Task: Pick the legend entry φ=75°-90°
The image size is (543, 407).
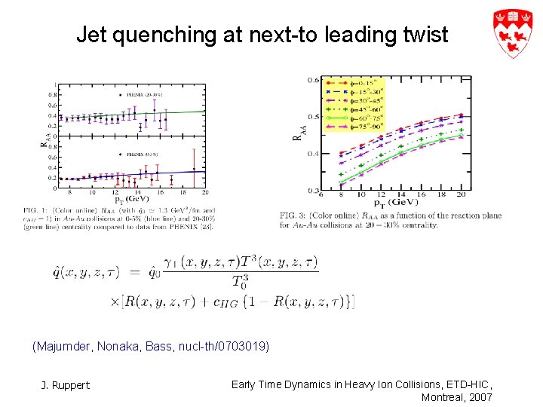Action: (x=362, y=127)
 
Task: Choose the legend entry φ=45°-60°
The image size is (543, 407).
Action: (x=362, y=109)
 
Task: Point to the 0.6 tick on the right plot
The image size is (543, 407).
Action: (x=312, y=80)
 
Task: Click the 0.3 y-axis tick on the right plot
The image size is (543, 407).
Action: (x=312, y=191)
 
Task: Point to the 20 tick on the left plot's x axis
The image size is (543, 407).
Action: (x=204, y=194)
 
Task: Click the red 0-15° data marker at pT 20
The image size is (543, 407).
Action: (x=461, y=115)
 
